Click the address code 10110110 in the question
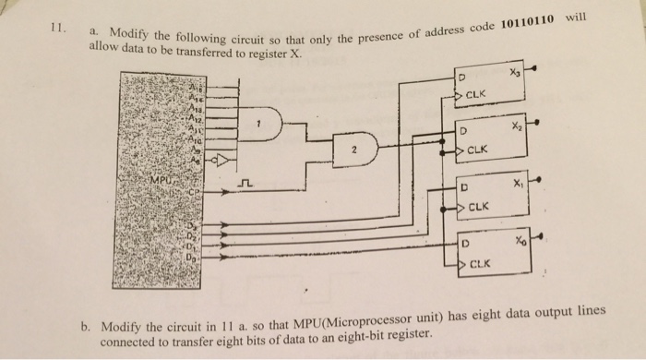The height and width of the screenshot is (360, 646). [521, 22]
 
